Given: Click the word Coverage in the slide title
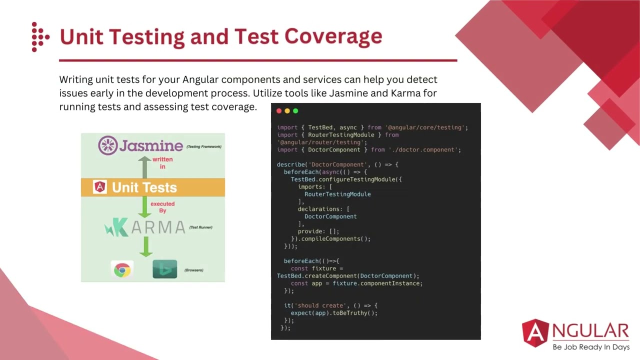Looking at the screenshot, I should click(333, 36).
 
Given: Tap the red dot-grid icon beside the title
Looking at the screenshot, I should click(40, 36).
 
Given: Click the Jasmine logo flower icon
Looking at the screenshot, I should click(107, 145).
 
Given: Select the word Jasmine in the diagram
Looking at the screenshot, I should click(151, 145).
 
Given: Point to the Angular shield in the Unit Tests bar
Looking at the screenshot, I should click(100, 187).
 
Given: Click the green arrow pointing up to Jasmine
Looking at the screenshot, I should click(144, 167).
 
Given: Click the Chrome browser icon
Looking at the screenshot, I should click(122, 270).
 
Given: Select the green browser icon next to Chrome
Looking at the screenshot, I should click(164, 269).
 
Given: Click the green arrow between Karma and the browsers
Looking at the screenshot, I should click(145, 247).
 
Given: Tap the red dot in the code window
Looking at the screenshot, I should click(279, 111).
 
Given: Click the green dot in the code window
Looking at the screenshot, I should click(295, 111).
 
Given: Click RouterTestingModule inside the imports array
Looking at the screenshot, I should click(337, 194).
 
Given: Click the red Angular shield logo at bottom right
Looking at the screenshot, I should click(535, 333).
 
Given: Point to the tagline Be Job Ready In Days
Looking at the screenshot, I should click(590, 347).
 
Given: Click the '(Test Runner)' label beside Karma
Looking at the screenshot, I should click(200, 227).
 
